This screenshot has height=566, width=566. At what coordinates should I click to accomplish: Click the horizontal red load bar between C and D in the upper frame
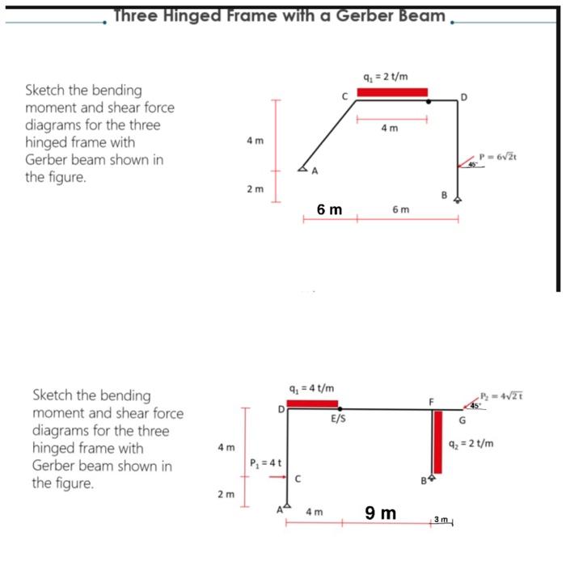coord(392,91)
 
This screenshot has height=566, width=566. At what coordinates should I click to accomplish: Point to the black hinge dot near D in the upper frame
coord(429,102)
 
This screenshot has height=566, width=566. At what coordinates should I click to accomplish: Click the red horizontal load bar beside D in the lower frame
coord(312,403)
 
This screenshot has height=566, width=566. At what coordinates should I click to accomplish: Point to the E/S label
coord(339,420)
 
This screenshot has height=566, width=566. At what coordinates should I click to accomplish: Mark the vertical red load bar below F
coord(438,441)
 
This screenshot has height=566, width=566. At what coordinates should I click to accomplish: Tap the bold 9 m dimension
coord(380,513)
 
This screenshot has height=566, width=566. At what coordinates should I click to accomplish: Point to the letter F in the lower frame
coord(432,401)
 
